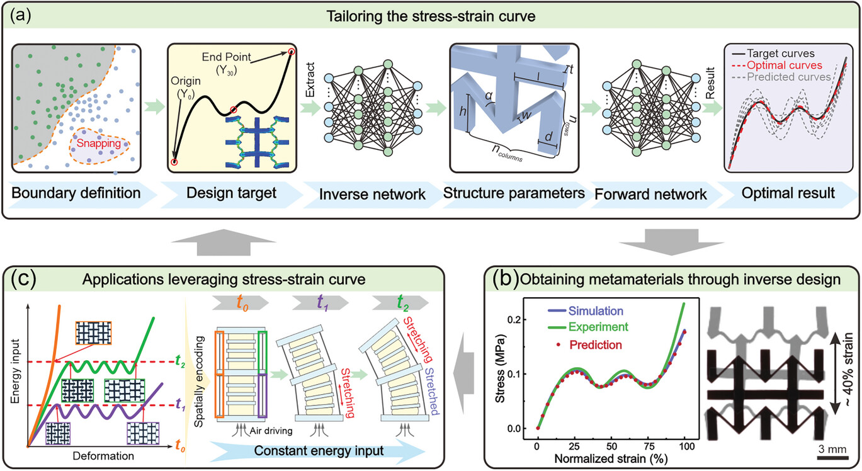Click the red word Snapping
pyautogui.click(x=98, y=143)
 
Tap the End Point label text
pyautogui.click(x=226, y=57)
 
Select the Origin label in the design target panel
pyautogui.click(x=186, y=81)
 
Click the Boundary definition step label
pyautogui.click(x=76, y=193)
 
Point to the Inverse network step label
pyautogui.click(x=372, y=195)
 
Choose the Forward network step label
pyautogui.click(x=650, y=195)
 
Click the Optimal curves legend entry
pyautogui.click(x=785, y=65)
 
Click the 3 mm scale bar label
pyautogui.click(x=832, y=449)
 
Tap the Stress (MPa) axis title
pyautogui.click(x=500, y=368)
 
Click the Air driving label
pyautogui.click(x=271, y=431)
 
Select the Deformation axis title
pyautogui.click(x=103, y=456)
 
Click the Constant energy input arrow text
pyautogui.click(x=319, y=451)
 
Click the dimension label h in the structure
pyautogui.click(x=462, y=111)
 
